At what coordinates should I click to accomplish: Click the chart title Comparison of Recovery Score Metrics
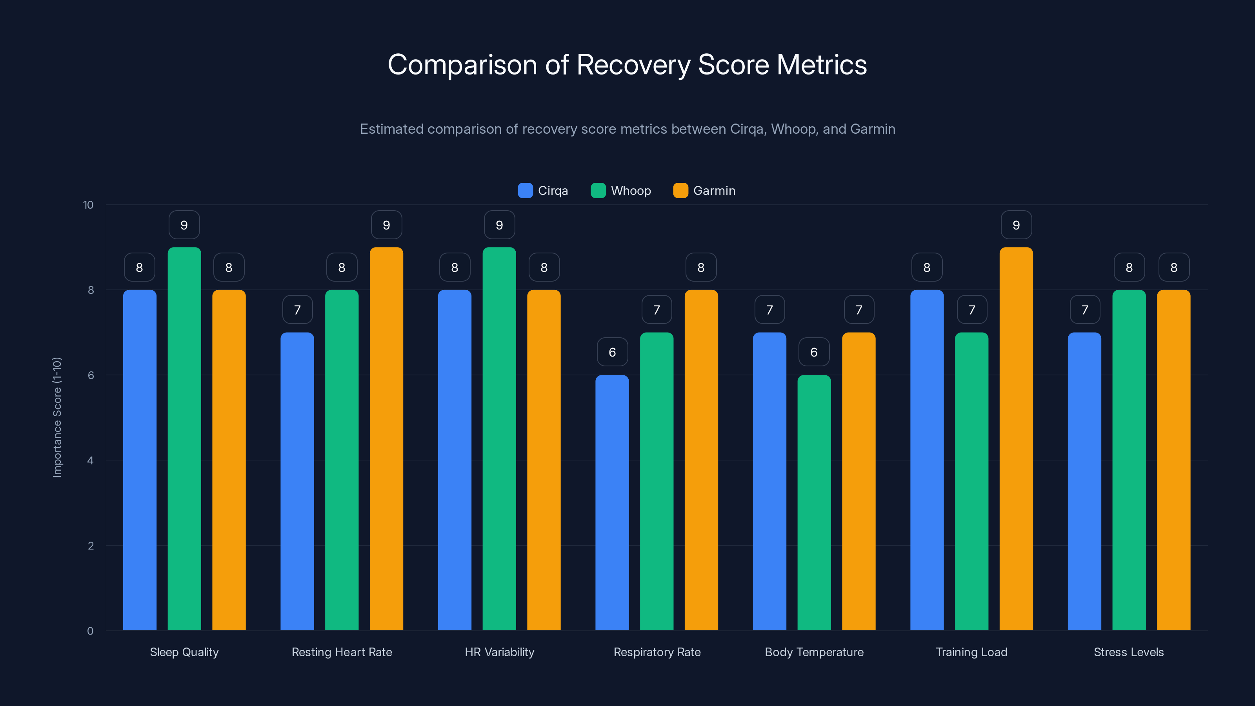coord(627,64)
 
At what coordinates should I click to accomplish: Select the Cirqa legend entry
coord(543,191)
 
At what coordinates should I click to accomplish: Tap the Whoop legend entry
coord(621,191)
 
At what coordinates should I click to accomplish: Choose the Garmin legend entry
coord(704,191)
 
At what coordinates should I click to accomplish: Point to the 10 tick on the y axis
coord(88,205)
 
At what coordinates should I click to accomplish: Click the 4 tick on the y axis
coord(90,460)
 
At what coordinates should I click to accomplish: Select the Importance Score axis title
coord(57,418)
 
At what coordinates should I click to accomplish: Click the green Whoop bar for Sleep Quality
coord(184,439)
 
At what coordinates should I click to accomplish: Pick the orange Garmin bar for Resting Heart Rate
coord(386,439)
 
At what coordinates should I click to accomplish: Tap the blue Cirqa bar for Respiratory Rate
coord(612,502)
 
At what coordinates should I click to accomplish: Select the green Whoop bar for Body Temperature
coord(814,502)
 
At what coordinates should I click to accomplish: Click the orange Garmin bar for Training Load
coord(1016,439)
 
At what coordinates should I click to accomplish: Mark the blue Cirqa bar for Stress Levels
coord(1084,482)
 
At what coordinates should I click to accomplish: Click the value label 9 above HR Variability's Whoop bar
coord(499,225)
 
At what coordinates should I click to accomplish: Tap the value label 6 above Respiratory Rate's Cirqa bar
coord(612,352)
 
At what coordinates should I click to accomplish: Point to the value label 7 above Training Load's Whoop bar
coord(972,310)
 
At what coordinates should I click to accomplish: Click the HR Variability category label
coord(499,652)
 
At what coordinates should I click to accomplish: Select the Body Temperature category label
coord(814,652)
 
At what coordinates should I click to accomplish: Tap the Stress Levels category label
coord(1128,652)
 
